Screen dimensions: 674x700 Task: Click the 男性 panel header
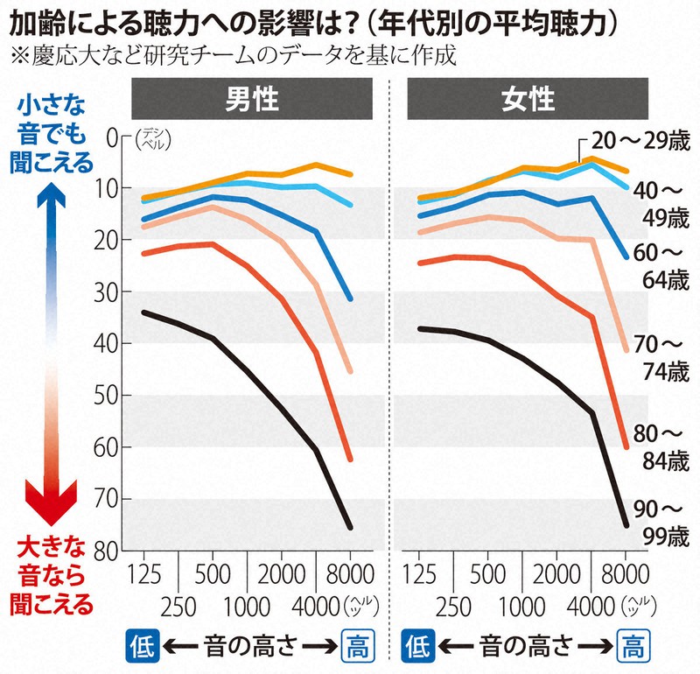253,99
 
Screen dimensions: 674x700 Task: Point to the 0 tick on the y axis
110,137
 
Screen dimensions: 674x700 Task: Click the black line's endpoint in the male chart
350,528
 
